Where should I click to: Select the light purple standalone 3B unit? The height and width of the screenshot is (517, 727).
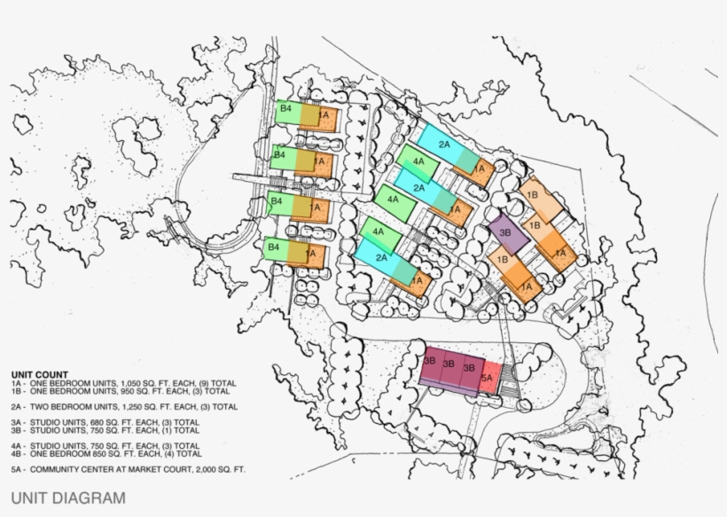506,231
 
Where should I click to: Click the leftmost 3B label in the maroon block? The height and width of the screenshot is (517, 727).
429,362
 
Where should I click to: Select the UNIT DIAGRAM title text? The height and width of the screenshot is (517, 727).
68,498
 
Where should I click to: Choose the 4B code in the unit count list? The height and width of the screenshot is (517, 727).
18,453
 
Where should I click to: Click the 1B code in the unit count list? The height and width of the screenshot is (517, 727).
18,390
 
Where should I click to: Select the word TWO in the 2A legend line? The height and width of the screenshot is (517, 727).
41,406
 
